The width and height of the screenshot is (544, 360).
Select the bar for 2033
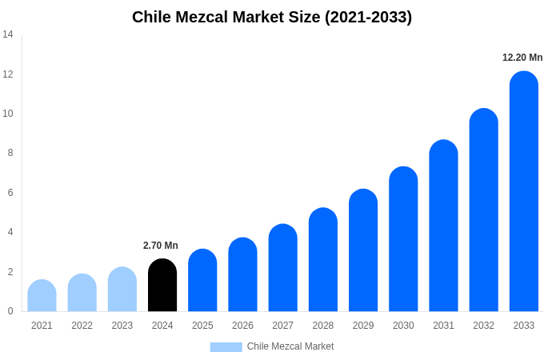(524, 192)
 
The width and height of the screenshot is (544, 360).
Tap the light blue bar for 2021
(42, 296)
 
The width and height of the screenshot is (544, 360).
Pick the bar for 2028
(323, 260)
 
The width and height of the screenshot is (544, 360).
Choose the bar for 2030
(403, 239)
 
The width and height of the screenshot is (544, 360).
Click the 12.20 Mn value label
(522, 58)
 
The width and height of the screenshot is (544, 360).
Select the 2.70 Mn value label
(161, 246)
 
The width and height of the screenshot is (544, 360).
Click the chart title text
(272, 17)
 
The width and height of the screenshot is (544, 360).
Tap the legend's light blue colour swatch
(226, 347)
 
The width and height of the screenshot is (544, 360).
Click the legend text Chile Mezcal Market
(290, 346)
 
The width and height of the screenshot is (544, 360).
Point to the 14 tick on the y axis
(8, 34)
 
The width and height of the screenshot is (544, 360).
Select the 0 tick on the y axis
(10, 311)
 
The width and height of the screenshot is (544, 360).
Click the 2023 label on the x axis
(122, 326)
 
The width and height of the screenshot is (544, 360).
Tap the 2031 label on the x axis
(443, 326)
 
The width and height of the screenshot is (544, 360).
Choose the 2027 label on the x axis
(282, 326)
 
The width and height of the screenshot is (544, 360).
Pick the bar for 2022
(82, 293)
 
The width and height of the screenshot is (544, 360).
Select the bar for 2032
(483, 210)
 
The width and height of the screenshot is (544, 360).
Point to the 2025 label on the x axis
(202, 326)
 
